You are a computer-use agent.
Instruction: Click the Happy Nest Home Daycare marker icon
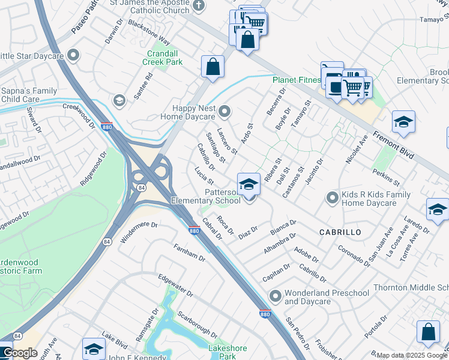click(x=225, y=111)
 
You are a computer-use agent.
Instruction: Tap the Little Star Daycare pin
click(x=74, y=56)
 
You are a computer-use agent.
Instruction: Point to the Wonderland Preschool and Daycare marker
click(x=275, y=296)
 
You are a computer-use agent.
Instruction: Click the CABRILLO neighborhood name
click(x=340, y=232)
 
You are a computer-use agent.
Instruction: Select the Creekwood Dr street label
click(x=79, y=115)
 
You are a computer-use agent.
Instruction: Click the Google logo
click(x=20, y=353)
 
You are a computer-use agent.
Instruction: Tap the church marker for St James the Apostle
click(x=199, y=7)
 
